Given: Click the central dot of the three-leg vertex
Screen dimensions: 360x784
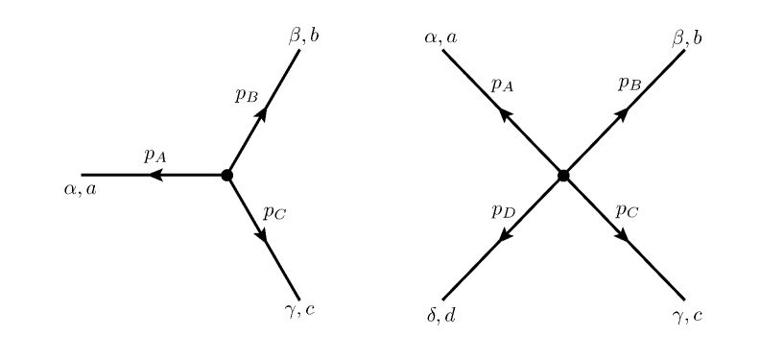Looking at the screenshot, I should (226, 175).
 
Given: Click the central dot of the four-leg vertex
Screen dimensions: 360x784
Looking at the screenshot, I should (563, 175).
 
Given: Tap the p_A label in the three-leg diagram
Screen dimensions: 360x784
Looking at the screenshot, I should (156, 156).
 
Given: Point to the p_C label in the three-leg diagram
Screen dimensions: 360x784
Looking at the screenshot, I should (273, 213).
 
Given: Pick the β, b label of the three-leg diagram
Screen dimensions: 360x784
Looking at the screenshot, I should (303, 36).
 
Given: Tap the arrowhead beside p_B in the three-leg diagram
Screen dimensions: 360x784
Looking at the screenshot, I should (262, 113).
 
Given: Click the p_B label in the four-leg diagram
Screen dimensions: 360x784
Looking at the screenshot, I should (630, 85).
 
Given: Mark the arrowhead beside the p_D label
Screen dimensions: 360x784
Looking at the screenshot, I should (503, 235).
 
